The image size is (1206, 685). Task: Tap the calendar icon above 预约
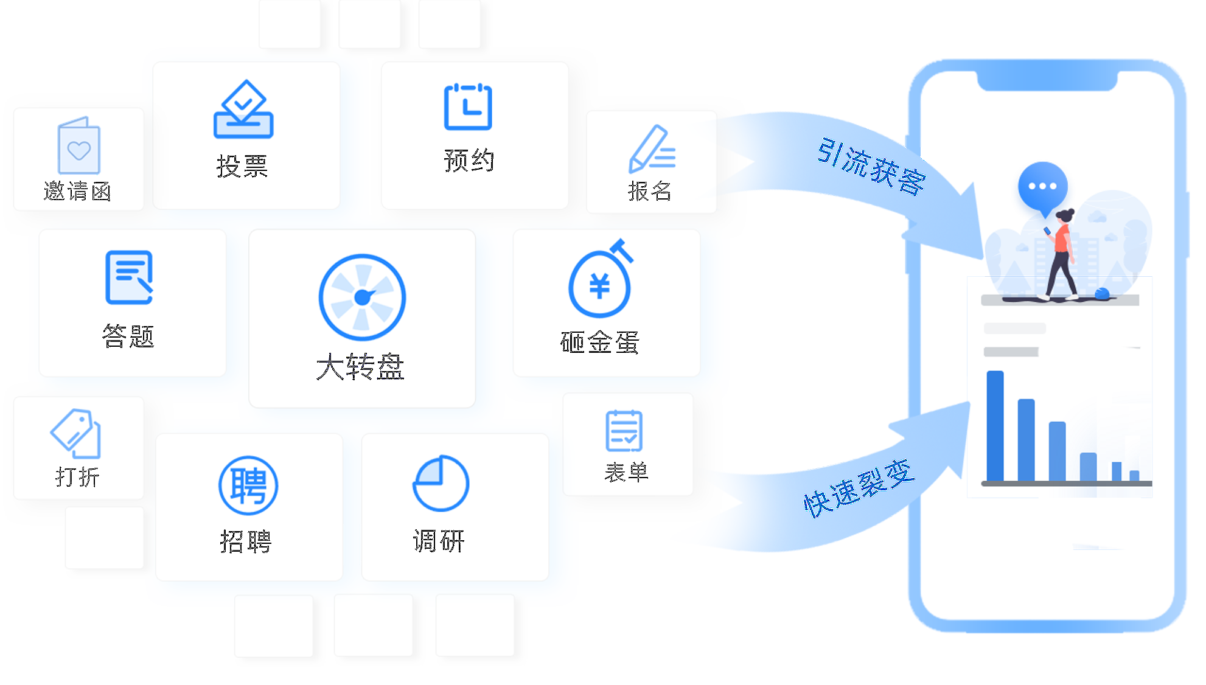[468, 106]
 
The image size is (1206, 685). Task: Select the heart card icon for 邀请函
[78, 145]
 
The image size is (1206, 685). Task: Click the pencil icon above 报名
[652, 148]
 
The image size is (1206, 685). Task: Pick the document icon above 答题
[129, 277]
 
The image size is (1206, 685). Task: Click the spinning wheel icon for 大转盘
[362, 297]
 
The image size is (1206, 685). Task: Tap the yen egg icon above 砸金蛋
[601, 278]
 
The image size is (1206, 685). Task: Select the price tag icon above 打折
[76, 433]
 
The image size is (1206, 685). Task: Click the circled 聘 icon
[248, 485]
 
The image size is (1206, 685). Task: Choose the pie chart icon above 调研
[441, 483]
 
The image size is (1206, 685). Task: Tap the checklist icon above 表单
[624, 431]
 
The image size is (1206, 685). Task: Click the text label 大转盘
[360, 367]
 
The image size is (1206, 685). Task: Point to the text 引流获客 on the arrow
[871, 166]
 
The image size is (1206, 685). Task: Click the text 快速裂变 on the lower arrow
[859, 489]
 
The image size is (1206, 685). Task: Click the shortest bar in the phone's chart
[1134, 476]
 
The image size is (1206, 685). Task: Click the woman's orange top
[1062, 238]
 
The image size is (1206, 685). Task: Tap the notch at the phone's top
[1047, 81]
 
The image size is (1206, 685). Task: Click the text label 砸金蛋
[600, 342]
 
